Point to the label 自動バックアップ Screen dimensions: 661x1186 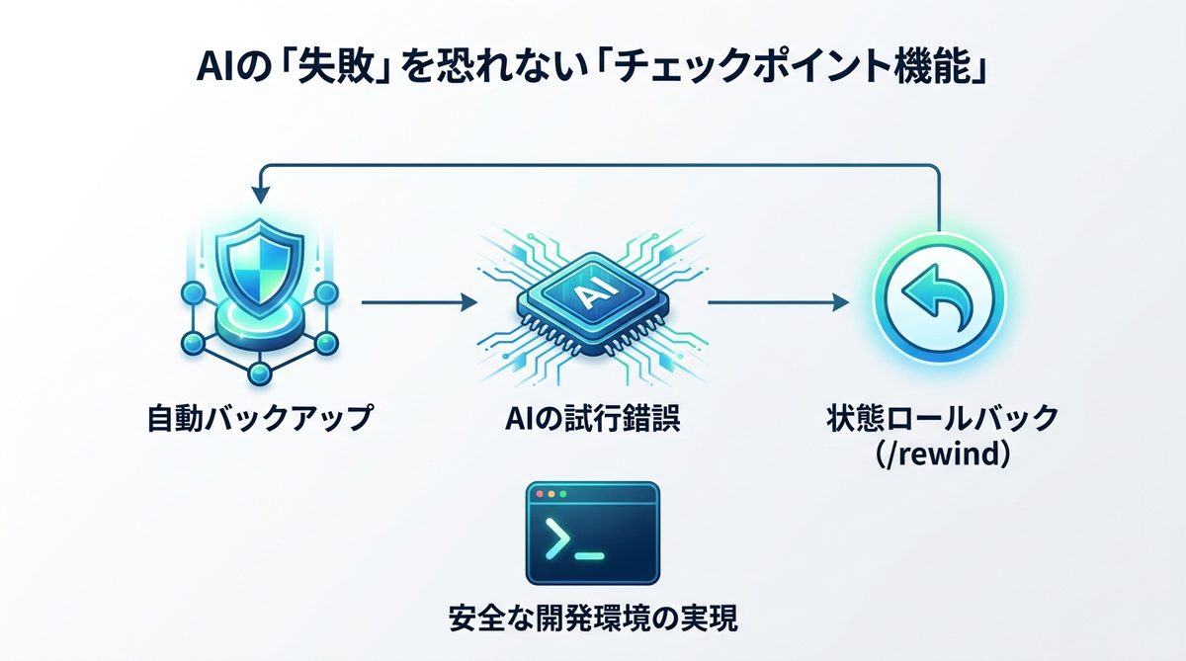259,419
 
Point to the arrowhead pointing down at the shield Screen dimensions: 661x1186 259,194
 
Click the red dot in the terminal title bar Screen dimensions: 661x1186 539,493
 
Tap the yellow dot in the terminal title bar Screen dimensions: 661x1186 551,493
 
